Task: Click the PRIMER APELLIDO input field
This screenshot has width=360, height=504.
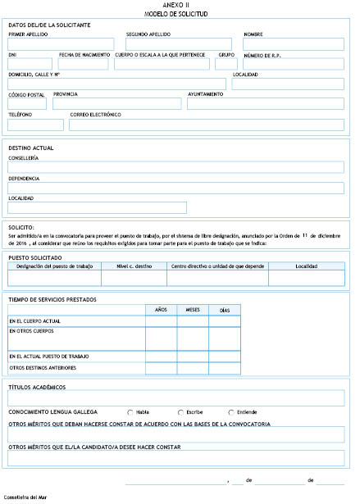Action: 61,44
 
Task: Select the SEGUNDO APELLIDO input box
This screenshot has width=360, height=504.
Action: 179,44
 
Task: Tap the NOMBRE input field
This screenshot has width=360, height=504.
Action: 294,44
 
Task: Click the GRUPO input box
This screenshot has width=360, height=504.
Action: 226,64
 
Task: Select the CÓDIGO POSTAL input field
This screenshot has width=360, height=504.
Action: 27,104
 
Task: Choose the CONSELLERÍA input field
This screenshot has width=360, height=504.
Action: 175,167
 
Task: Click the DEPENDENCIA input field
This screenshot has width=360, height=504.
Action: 175,188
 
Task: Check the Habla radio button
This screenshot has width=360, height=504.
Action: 130,411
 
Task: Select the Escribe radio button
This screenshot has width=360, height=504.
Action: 180,411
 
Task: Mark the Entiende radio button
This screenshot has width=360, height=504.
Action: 230,411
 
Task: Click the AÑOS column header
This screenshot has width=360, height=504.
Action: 162,310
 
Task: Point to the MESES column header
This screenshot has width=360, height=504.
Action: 194,310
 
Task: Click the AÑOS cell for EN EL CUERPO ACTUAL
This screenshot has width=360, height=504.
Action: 162,321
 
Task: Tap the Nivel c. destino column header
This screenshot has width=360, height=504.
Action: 133,266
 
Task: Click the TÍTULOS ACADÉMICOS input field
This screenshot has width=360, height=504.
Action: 175,397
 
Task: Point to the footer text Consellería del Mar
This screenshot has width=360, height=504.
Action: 25,497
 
